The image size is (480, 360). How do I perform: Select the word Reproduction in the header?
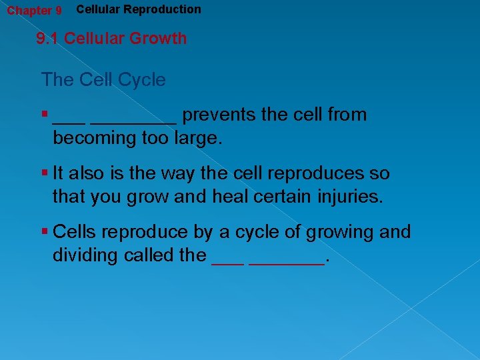163,9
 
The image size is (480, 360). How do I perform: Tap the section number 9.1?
48,39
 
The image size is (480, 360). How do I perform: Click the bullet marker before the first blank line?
45,115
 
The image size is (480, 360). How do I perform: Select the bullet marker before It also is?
45,173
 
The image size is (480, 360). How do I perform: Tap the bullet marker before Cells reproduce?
45,232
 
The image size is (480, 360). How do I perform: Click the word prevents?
219,115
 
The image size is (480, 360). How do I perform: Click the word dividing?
86,255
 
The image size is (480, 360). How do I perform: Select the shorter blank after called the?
227,263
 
